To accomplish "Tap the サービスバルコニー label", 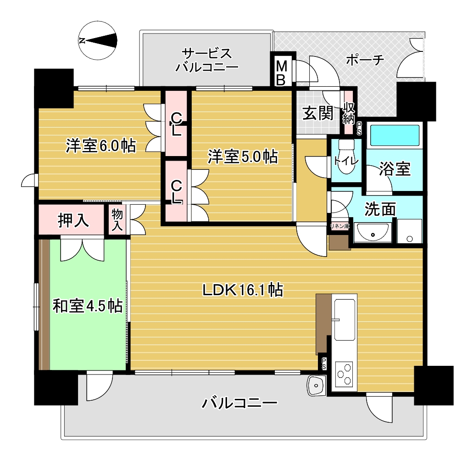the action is point(207,60).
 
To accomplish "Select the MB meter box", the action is point(281,73).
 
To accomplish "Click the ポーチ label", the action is point(365,60).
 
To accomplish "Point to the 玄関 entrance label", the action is point(318,113).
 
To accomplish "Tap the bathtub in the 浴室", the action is point(394,135).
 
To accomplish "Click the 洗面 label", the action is point(380,209).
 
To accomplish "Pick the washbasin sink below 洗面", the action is point(373,232).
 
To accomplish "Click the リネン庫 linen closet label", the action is point(339,226).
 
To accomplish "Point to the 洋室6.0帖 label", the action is point(101,146).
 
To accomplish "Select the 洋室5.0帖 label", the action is point(243,157).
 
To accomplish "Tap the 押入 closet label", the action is point(73,220).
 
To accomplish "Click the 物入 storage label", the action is point(117,220).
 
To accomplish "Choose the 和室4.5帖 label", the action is point(88,306).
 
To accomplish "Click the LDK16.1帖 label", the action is point(243,290).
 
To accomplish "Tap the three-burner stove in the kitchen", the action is point(344,374).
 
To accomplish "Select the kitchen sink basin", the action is point(344,320).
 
